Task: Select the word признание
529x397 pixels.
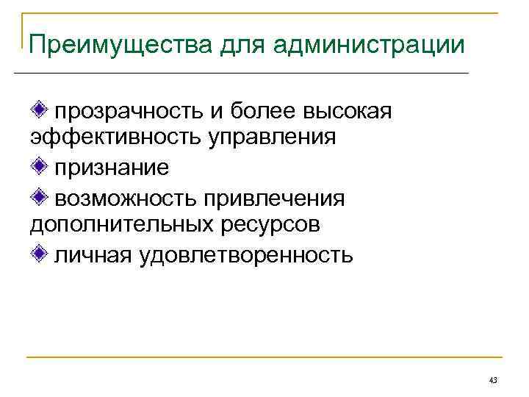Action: pos(111,168)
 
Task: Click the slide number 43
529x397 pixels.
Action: pos(493,380)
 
